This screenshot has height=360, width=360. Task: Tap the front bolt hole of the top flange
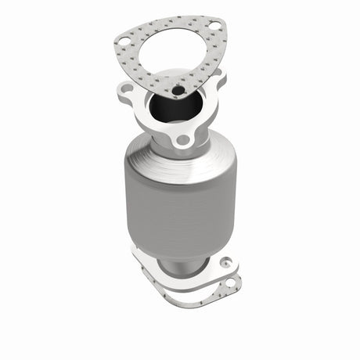[183, 141]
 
